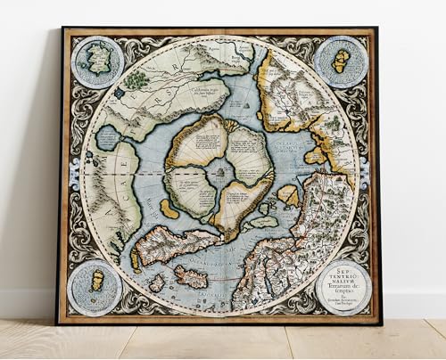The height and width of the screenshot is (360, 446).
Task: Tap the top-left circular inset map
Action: [97, 61]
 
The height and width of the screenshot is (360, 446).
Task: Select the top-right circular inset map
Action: [341, 61]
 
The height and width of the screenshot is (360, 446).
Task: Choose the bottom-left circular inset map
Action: [96, 287]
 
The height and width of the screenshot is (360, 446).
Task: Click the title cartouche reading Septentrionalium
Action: [343, 287]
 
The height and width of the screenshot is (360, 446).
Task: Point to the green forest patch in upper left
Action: [136, 79]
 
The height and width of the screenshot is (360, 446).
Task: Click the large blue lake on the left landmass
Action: [108, 137]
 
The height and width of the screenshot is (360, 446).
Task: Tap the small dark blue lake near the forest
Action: [118, 92]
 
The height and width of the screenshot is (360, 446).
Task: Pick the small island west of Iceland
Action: [157, 282]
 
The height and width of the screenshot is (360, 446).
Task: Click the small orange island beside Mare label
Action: [169, 209]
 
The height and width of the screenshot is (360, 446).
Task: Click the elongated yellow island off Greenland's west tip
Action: [136, 259]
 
